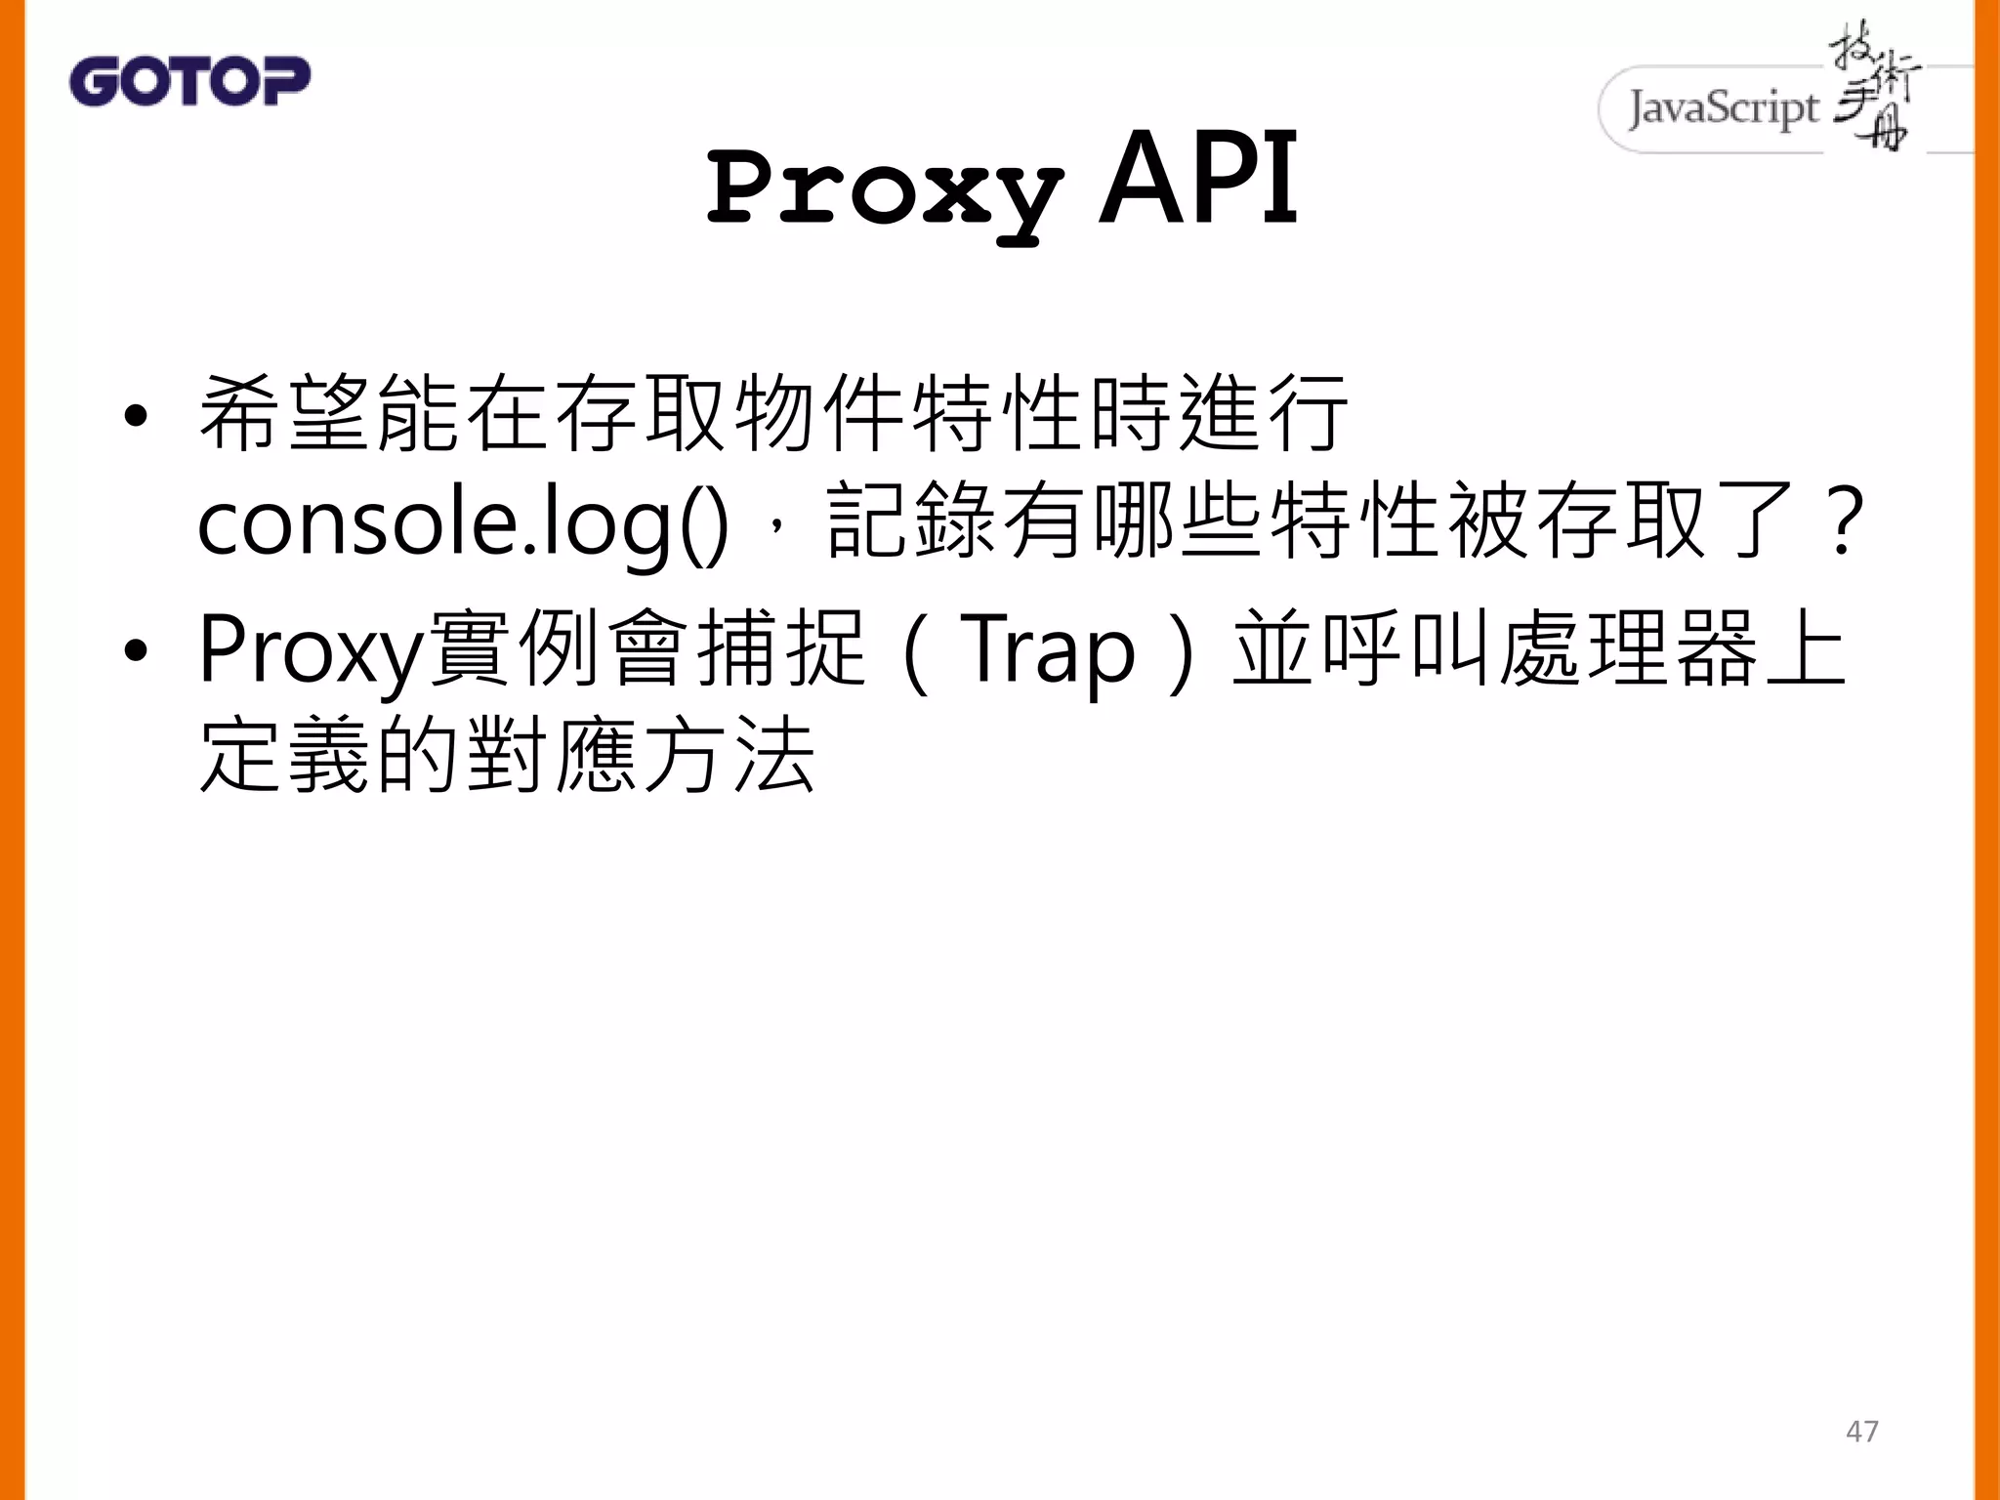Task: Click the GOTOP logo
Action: pyautogui.click(x=189, y=81)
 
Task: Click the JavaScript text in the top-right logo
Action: pyautogui.click(x=1724, y=108)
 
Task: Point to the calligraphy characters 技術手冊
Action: pyautogui.click(x=1873, y=88)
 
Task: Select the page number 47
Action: pyautogui.click(x=1861, y=1431)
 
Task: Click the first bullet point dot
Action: pyautogui.click(x=136, y=417)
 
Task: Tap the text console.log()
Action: pyautogui.click(x=463, y=523)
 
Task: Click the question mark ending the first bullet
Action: pyautogui.click(x=1845, y=523)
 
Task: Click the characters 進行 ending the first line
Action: pyautogui.click(x=1264, y=414)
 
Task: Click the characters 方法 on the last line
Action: pyautogui.click(x=729, y=756)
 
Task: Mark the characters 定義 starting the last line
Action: pyautogui.click(x=284, y=756)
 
